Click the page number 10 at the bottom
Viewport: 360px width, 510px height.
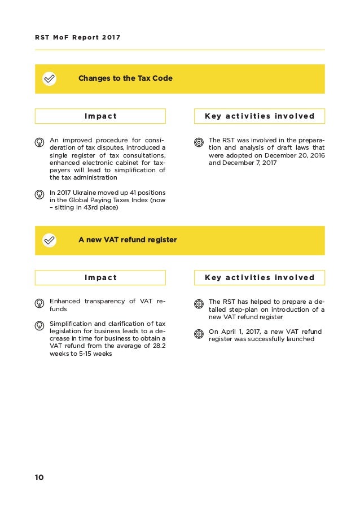[x=39, y=477]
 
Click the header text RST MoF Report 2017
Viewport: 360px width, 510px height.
[x=78, y=38]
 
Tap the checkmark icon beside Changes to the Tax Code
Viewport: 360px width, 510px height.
[x=50, y=79]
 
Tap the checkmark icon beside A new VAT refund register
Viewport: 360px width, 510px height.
[x=50, y=240]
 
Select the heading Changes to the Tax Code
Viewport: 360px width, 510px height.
[x=125, y=79]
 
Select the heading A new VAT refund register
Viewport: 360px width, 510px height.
[x=128, y=240]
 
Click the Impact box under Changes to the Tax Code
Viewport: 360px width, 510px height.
[x=100, y=116]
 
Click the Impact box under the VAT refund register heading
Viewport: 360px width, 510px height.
[x=100, y=277]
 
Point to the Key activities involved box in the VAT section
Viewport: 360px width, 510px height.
[x=260, y=277]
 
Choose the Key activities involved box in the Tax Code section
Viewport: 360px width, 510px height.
[x=260, y=116]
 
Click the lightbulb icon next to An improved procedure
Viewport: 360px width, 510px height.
[x=40, y=141]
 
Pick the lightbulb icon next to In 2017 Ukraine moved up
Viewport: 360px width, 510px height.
[x=40, y=194]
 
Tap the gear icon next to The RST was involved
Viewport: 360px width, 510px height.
[x=199, y=141]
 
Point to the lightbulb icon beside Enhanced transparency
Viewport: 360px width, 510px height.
[x=40, y=303]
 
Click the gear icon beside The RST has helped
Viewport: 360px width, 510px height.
[x=199, y=303]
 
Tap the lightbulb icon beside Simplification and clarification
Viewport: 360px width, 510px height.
[x=40, y=325]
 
